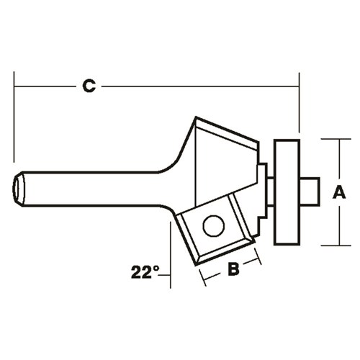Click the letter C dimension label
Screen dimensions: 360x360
tap(88, 86)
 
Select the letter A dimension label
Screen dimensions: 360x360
tap(337, 192)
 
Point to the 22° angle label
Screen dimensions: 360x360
tap(145, 272)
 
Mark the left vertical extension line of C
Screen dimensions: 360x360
tap(14, 115)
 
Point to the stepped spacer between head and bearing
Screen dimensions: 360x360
tap(264, 191)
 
